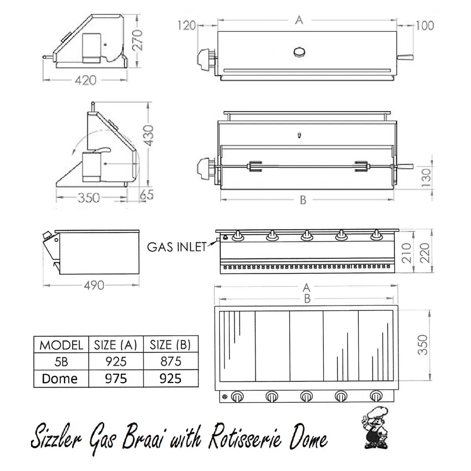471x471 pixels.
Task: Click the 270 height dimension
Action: [137, 40]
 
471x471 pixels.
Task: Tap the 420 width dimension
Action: [86, 80]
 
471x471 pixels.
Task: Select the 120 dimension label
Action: [187, 26]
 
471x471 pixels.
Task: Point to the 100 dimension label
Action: [425, 26]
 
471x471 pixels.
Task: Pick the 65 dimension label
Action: [147, 195]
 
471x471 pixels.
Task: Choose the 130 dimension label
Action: [426, 178]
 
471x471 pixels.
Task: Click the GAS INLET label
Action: [177, 247]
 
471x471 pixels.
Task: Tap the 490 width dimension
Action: [94, 285]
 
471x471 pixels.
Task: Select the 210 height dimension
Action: [407, 253]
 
